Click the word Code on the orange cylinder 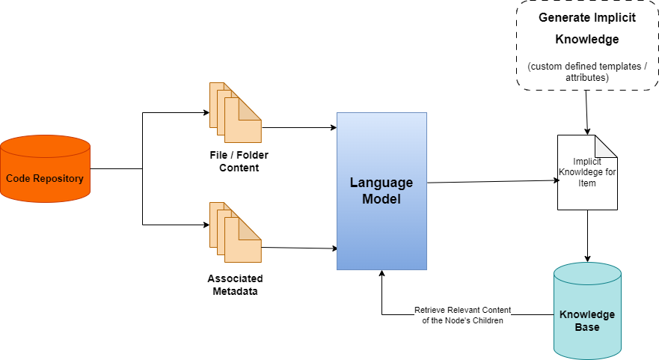click(x=19, y=179)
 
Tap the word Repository click(x=58, y=179)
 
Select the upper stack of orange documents click(x=235, y=112)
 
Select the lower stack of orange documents click(x=235, y=232)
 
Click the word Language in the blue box click(x=381, y=183)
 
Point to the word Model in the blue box click(x=381, y=199)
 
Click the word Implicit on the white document click(x=587, y=162)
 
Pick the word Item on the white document click(x=587, y=183)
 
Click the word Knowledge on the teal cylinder click(x=587, y=314)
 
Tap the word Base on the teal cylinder click(x=587, y=327)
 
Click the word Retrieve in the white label click(x=432, y=310)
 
